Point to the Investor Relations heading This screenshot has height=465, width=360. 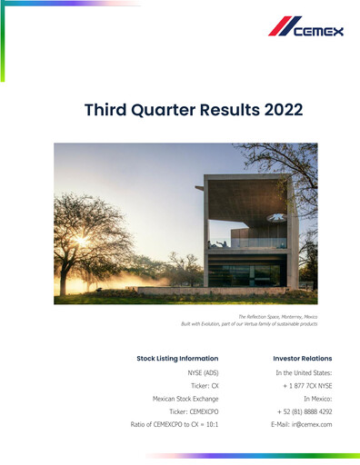point(302,358)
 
